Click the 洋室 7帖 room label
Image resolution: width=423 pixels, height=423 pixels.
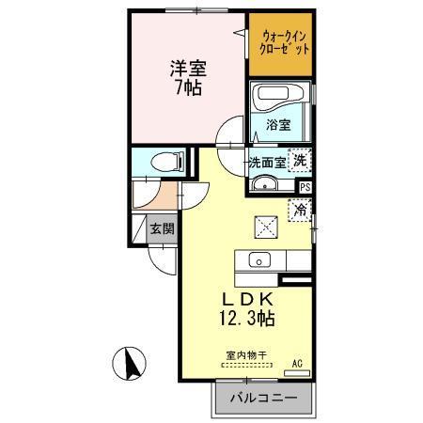[x=189, y=78]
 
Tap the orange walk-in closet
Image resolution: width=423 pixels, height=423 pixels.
[x=279, y=44]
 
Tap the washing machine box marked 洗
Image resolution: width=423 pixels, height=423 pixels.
[x=300, y=161]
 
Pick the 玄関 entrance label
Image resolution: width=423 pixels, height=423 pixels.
[x=161, y=227]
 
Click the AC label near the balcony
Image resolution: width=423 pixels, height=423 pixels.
[x=297, y=362]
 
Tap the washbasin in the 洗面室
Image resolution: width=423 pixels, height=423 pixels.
[x=268, y=182]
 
